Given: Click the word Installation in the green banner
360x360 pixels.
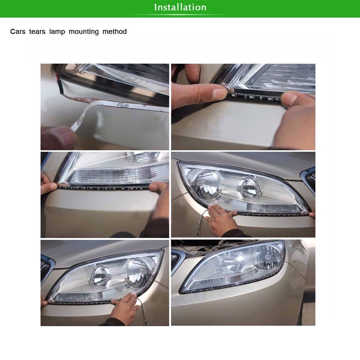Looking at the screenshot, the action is point(180,7).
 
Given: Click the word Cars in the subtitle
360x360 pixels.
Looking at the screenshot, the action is point(18,31).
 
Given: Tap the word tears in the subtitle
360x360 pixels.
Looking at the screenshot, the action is point(37,31).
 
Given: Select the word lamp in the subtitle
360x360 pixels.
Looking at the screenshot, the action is point(57,32).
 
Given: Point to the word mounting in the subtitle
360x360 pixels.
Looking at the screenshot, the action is point(84,32).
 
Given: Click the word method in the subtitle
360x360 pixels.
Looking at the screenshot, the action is point(115,31).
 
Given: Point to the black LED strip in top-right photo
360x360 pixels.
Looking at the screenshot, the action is point(255,98).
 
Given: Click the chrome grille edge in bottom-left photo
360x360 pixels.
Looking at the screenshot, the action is point(47,269).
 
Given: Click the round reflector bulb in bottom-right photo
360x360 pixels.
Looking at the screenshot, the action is point(268,257).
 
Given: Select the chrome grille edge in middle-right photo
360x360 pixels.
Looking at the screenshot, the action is point(309,179).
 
